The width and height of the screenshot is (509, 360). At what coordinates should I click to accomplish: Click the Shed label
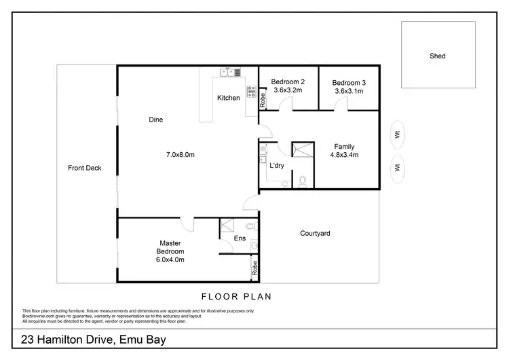pos(438,56)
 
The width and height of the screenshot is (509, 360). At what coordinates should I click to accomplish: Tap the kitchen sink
pos(227,71)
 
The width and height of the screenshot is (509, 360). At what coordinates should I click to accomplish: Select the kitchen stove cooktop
pos(251,92)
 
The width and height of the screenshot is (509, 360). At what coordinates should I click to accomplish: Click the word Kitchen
pos(228,98)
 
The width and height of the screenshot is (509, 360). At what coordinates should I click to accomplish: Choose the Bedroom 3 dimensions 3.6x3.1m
pos(347,90)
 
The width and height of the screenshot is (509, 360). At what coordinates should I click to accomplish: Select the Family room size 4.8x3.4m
pos(344,155)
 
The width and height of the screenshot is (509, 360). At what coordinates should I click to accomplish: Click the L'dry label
pos(277,166)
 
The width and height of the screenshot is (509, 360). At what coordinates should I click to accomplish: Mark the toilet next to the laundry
pos(303,181)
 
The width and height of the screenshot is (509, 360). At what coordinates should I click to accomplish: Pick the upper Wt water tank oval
pos(397,134)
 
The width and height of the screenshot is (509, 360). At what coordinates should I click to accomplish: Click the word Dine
pos(156,120)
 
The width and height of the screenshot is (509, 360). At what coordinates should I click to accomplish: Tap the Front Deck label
pos(85,168)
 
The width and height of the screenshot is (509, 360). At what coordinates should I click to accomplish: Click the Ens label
pos(239,238)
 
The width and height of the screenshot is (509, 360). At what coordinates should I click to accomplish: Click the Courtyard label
pos(315,234)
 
